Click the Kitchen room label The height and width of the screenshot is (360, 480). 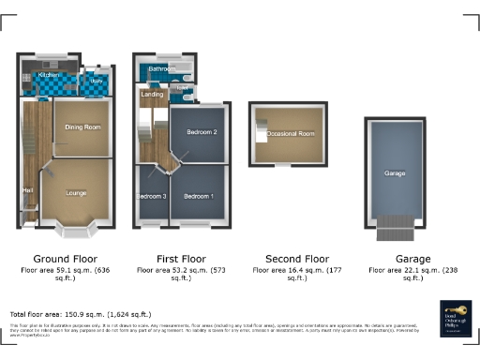49,74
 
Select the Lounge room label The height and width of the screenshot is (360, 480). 76,192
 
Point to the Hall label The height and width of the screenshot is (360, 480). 27,192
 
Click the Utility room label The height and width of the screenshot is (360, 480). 97,82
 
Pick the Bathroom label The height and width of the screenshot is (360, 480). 162,69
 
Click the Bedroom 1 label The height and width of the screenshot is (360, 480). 198,196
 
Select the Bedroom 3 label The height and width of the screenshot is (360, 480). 152,196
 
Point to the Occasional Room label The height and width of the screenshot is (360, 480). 290,134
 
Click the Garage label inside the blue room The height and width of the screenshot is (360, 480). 394,174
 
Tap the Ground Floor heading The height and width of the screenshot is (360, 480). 65,259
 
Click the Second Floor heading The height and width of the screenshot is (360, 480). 296,259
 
